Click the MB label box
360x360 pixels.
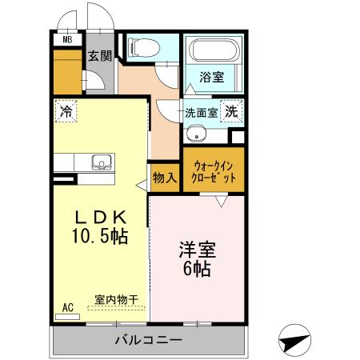pyautogui.click(x=67, y=38)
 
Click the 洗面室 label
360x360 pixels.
pyautogui.click(x=201, y=113)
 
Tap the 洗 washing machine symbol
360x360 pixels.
pyautogui.click(x=231, y=112)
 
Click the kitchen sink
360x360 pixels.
pyautogui.click(x=102, y=163)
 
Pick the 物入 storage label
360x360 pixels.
pyautogui.click(x=165, y=177)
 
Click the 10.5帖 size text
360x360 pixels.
pyautogui.click(x=101, y=237)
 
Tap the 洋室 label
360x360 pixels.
pyautogui.click(x=195, y=250)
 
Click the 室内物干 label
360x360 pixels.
pyautogui.click(x=115, y=299)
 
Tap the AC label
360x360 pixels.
pyautogui.click(x=67, y=307)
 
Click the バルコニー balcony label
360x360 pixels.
pyautogui.click(x=148, y=340)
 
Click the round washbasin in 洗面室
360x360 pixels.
pyautogui.click(x=192, y=132)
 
